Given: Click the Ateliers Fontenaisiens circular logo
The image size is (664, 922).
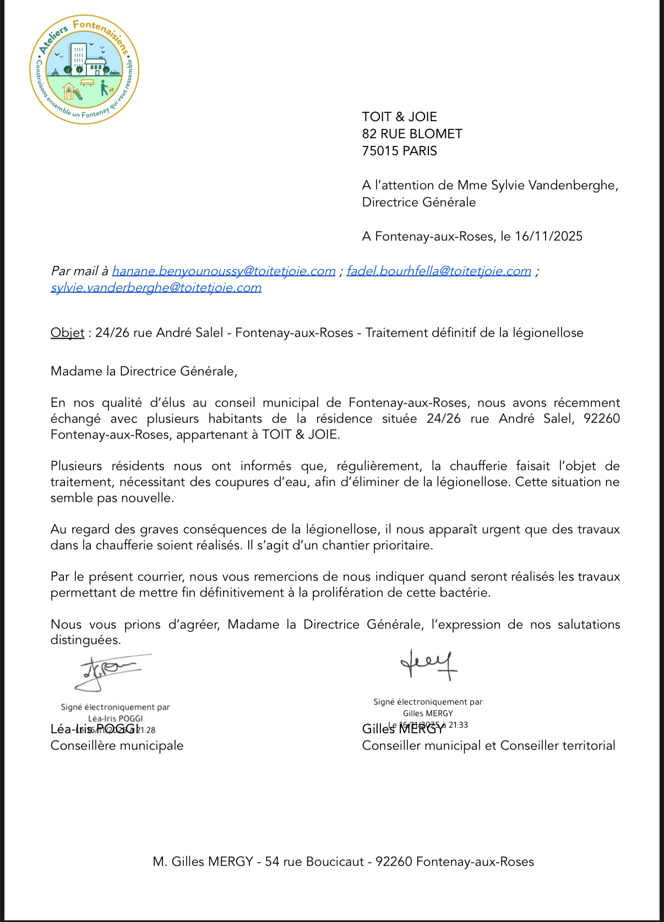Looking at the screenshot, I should (84, 69).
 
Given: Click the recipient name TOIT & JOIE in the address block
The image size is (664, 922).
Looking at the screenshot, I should (399, 117).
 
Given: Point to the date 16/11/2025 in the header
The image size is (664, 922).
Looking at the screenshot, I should (548, 237).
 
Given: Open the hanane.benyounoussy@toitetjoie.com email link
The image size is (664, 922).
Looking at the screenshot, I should (224, 271).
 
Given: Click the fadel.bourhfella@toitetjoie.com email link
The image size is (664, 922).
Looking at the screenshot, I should (438, 271).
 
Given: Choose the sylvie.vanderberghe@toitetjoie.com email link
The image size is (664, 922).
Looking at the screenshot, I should (156, 287).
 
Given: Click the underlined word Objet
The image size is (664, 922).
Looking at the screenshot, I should (67, 333).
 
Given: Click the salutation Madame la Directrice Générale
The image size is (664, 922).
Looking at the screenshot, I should (144, 371).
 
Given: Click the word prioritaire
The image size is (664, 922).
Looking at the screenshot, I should (403, 545).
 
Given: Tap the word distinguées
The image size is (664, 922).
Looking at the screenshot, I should (85, 640).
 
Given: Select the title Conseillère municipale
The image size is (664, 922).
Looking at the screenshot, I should (117, 746).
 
